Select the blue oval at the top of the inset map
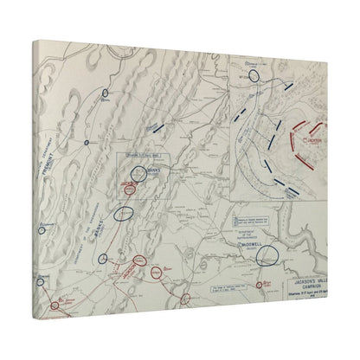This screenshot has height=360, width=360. tap(254, 76)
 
